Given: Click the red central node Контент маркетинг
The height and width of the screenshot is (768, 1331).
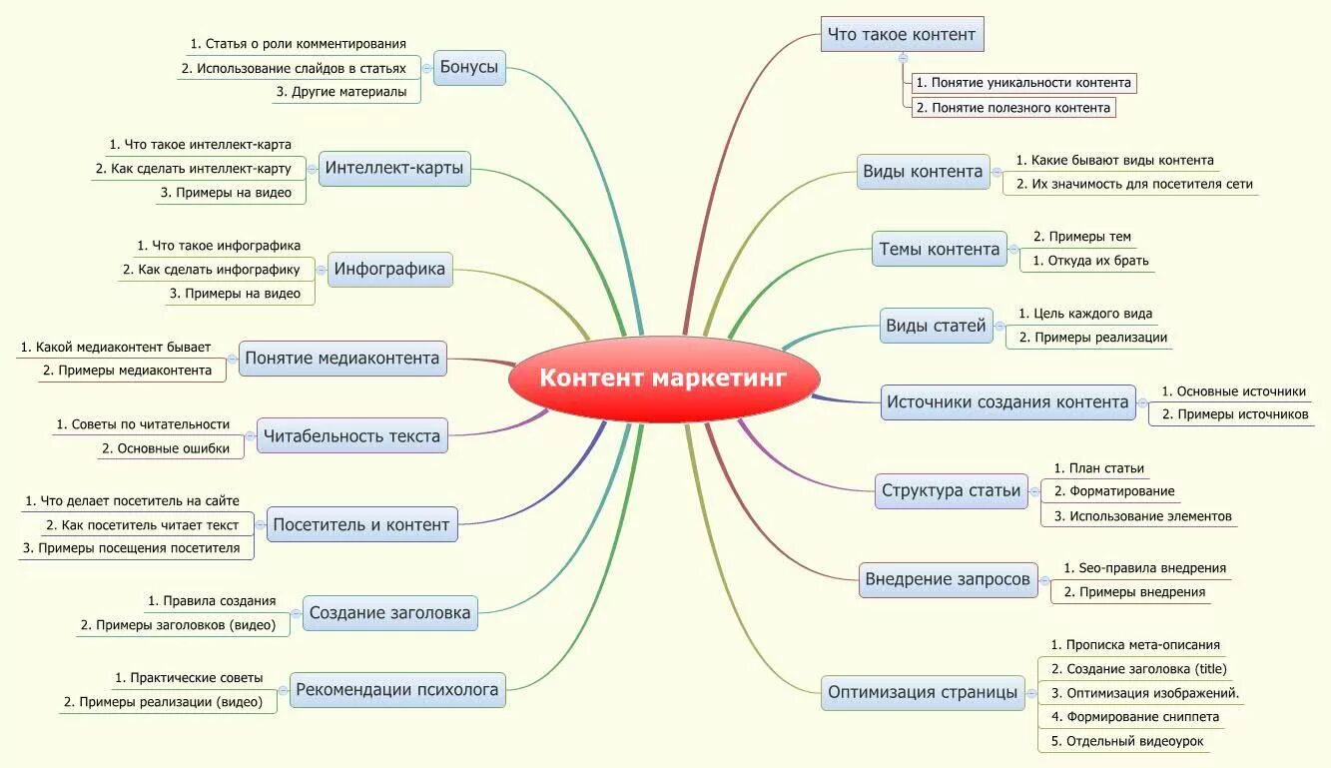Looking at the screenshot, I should click(x=664, y=379).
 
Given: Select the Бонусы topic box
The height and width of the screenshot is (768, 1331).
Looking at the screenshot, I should click(x=468, y=68).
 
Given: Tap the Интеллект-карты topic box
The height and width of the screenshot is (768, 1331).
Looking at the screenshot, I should click(x=393, y=168).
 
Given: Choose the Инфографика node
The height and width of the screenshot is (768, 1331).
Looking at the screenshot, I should click(x=389, y=269).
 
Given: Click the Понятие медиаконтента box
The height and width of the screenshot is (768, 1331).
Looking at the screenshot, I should click(x=341, y=358).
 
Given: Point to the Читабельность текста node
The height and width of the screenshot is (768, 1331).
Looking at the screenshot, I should click(x=349, y=435).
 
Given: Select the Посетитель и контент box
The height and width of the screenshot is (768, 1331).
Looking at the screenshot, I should click(x=360, y=524).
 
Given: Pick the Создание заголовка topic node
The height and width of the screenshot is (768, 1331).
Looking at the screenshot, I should click(x=389, y=612).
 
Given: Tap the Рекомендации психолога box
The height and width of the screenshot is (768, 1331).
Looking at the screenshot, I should click(x=396, y=689).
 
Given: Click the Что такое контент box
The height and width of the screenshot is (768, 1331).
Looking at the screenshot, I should click(x=902, y=35).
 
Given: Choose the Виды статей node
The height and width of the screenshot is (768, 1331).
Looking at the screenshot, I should click(x=936, y=326).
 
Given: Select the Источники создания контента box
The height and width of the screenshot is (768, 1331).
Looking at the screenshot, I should click(x=1007, y=402).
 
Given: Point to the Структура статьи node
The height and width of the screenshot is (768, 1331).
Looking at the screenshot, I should click(x=951, y=490).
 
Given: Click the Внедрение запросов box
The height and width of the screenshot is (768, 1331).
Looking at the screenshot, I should click(x=948, y=579).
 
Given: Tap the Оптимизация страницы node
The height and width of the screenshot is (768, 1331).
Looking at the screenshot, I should click(x=923, y=692).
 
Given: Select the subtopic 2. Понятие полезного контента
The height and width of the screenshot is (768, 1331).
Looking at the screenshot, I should click(x=1012, y=107).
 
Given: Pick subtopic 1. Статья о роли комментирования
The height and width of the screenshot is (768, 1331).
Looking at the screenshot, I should click(x=298, y=44).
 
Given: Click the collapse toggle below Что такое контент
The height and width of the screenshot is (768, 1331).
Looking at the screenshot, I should click(x=903, y=58).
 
